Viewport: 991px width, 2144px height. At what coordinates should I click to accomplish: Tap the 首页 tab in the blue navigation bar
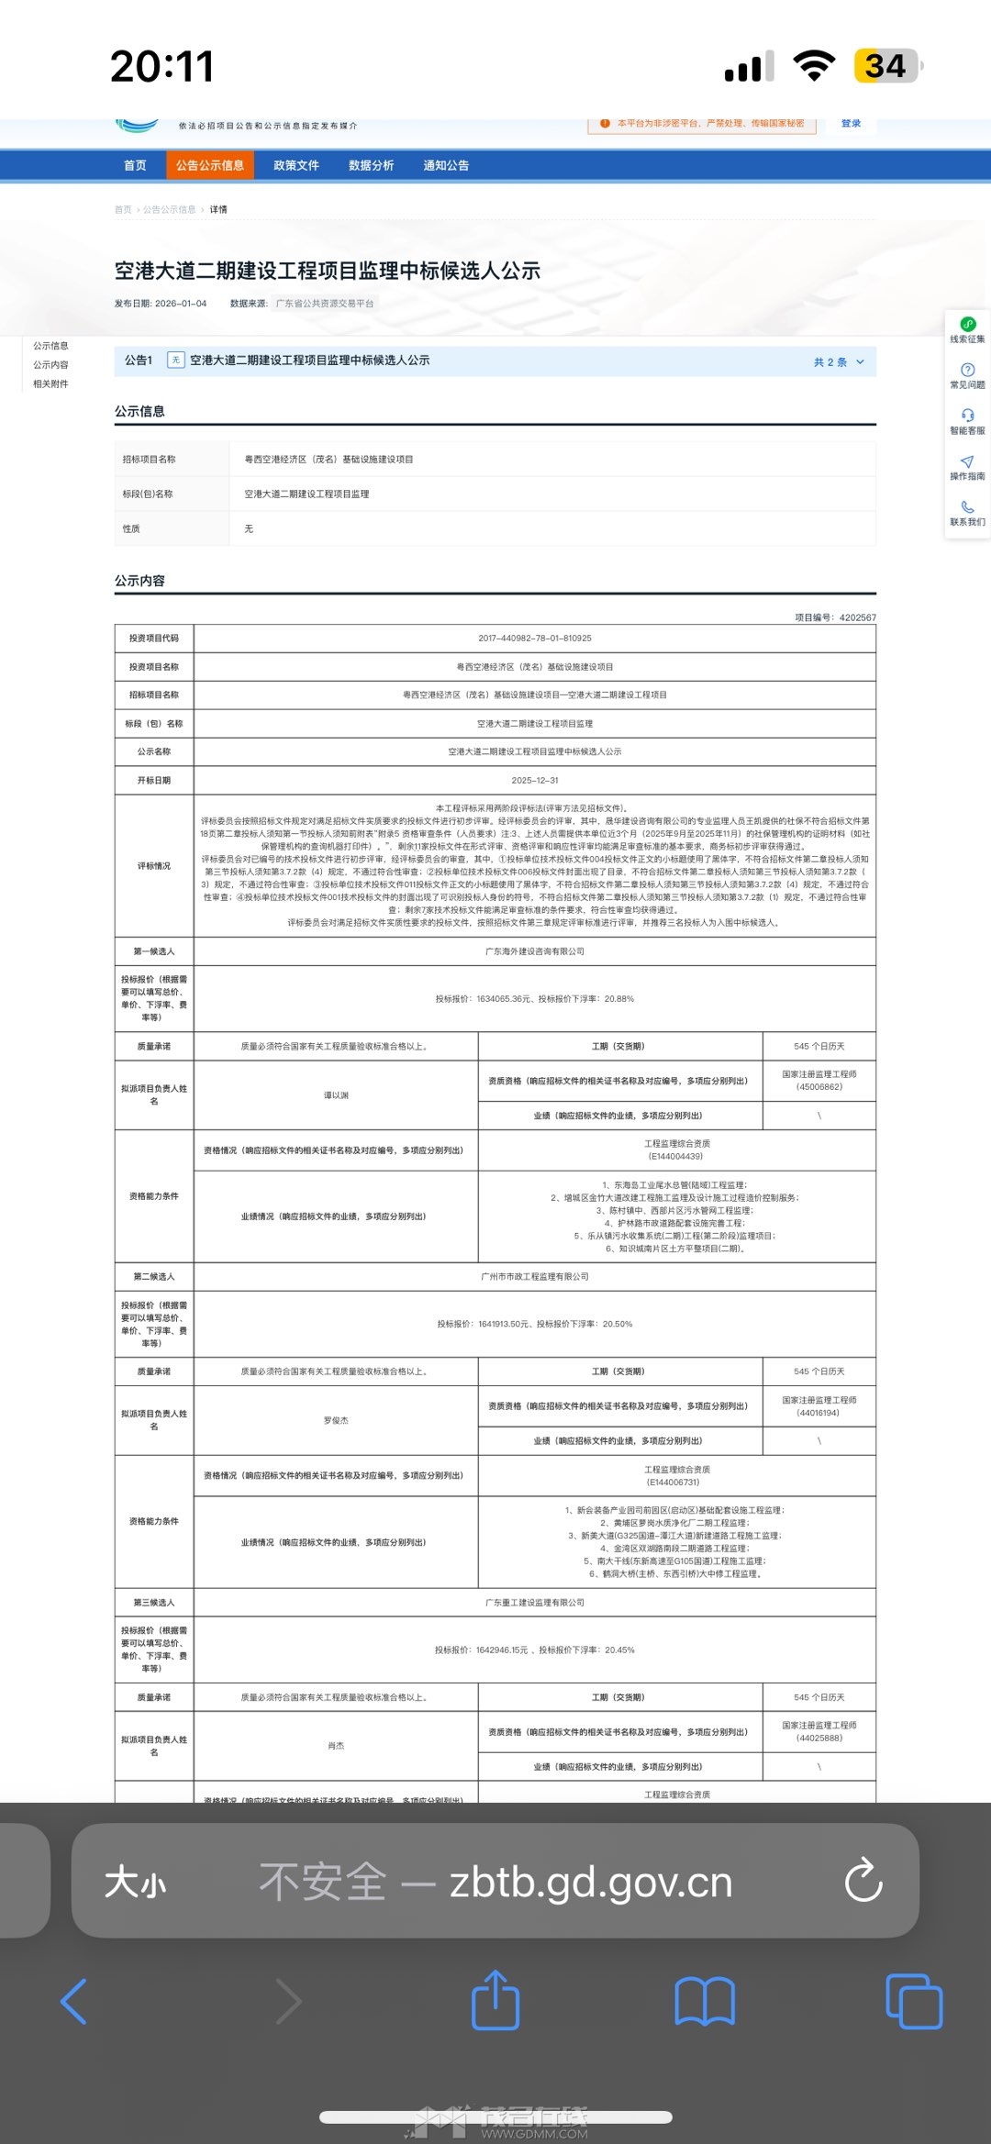click(135, 166)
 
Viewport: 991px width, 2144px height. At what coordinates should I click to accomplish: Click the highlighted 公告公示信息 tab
click(210, 166)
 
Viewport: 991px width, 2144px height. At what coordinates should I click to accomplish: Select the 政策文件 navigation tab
click(295, 166)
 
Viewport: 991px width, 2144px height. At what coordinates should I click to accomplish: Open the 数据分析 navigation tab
click(371, 166)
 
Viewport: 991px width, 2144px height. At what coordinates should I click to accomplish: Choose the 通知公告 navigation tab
click(446, 166)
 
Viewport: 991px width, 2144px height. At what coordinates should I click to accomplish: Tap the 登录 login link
click(851, 124)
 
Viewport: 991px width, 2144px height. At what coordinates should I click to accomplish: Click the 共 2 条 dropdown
click(839, 362)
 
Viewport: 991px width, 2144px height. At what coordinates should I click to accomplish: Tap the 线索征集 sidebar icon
click(967, 325)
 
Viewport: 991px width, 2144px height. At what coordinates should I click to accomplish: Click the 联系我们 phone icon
click(967, 507)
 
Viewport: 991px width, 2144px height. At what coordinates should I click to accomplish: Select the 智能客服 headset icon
click(967, 416)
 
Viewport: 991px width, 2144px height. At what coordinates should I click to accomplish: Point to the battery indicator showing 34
click(885, 66)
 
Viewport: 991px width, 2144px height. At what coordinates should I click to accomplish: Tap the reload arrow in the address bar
click(863, 1881)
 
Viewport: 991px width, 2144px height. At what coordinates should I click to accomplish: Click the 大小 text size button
click(135, 1883)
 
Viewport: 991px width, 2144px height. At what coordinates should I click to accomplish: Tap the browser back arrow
click(73, 2002)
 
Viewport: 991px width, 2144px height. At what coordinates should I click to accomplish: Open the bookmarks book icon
click(705, 2002)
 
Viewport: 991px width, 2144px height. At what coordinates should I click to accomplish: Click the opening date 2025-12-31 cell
click(535, 781)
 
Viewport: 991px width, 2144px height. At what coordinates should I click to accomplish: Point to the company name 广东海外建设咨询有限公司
click(535, 951)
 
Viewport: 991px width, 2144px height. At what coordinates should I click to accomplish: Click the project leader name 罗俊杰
click(336, 1420)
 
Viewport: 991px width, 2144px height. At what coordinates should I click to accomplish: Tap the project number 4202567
click(857, 618)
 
